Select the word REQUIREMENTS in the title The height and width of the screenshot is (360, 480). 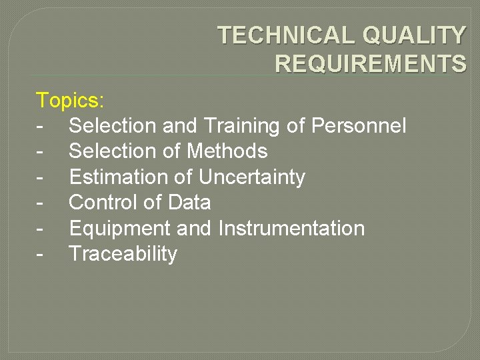click(x=371, y=63)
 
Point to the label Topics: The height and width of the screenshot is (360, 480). click(x=70, y=101)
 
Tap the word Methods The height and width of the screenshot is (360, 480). click(x=227, y=151)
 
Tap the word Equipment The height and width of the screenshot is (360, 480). click(x=120, y=229)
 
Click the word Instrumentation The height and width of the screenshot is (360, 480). click(x=291, y=228)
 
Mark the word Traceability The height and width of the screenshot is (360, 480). click(x=123, y=254)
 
